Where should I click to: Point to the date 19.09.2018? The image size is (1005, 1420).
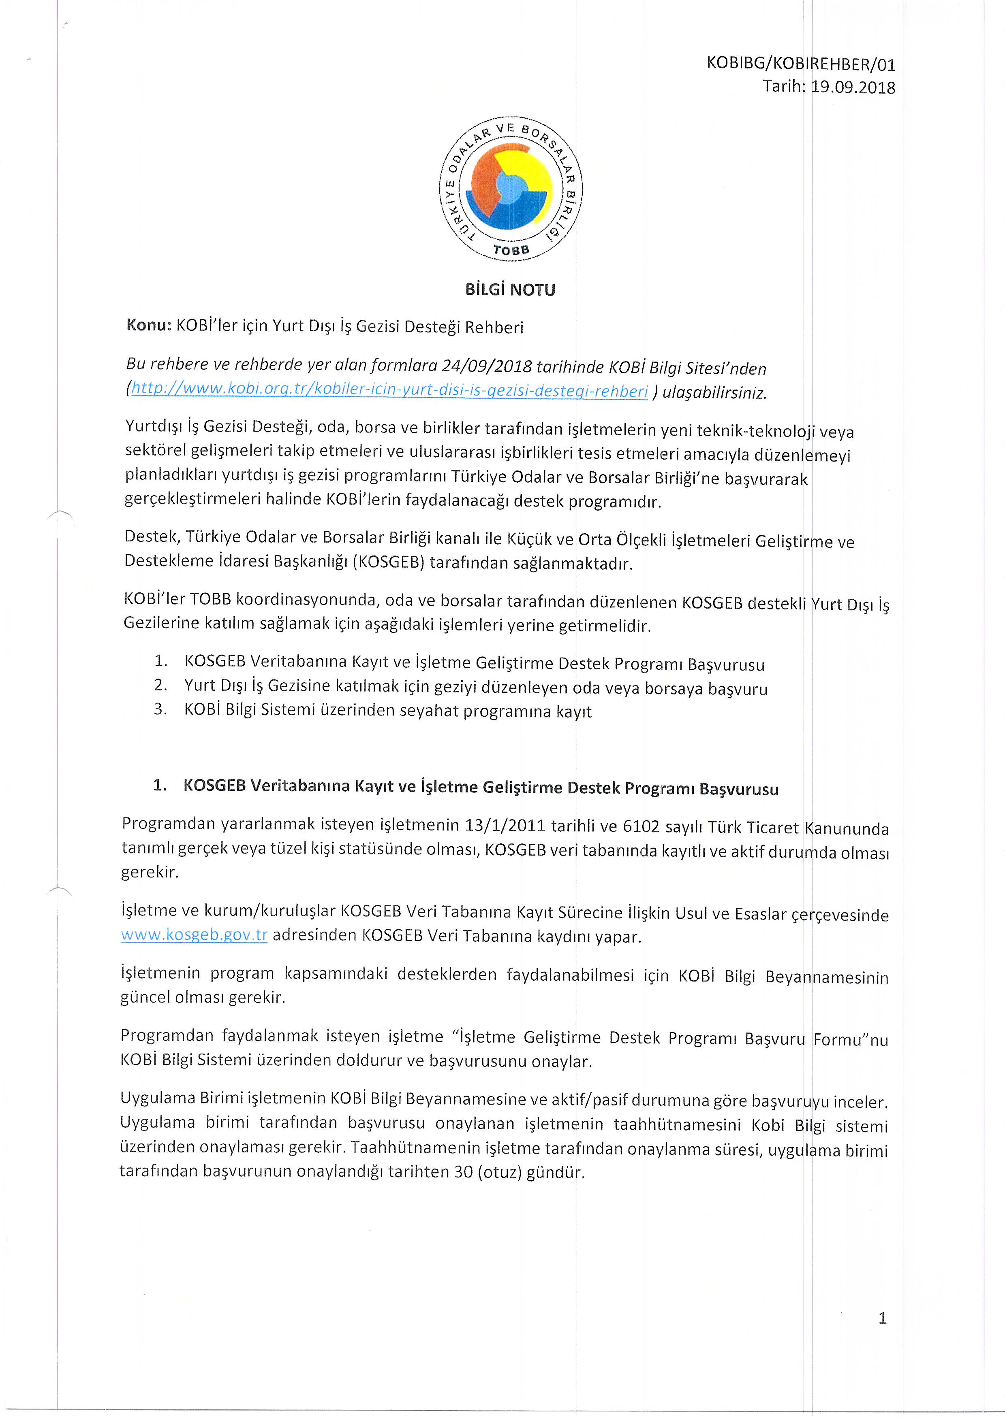pos(853,87)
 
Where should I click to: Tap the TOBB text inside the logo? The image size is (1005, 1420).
pos(511,250)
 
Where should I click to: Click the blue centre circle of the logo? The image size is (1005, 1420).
pos(512,189)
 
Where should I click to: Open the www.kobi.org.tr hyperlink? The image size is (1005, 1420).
pos(390,390)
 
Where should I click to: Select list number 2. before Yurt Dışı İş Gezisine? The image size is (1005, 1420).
pos(161,685)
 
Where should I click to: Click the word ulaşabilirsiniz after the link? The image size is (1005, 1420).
pos(715,393)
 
